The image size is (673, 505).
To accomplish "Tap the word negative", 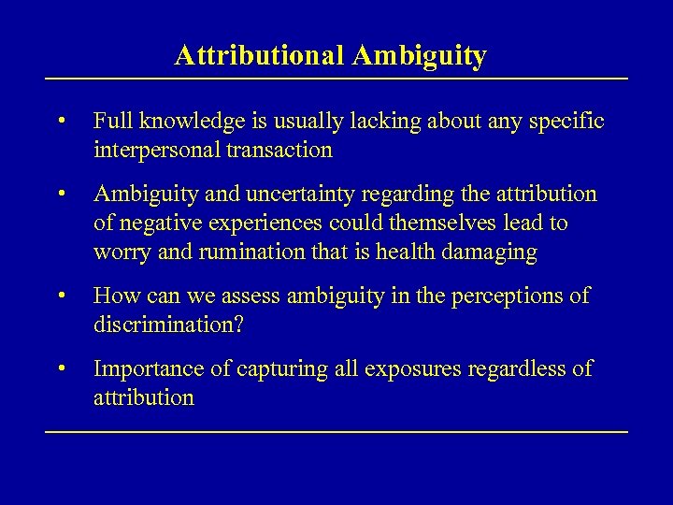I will (x=157, y=224).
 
